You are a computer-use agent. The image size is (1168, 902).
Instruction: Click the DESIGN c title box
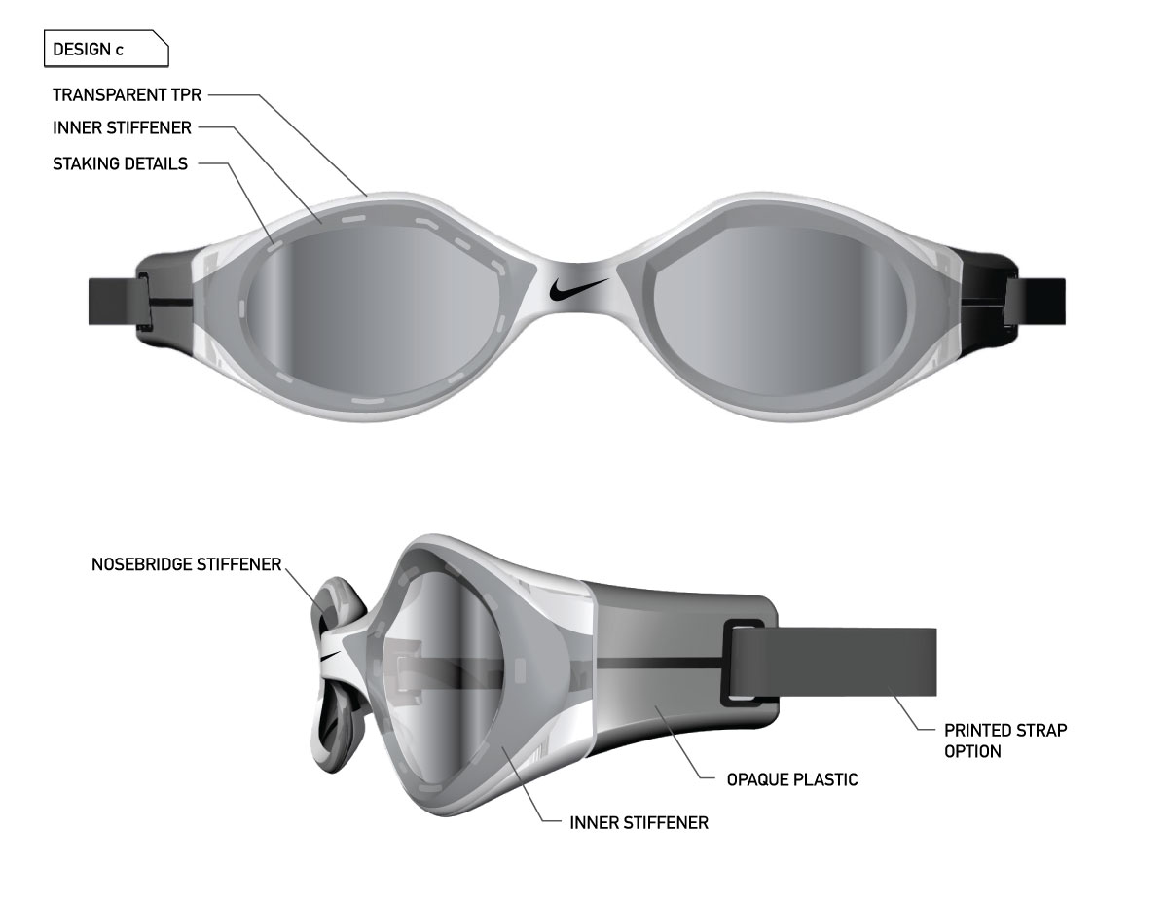click(x=106, y=49)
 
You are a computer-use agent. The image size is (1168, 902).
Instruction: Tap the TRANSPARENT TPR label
click(x=127, y=95)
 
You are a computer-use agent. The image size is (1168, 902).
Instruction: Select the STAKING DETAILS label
click(x=121, y=163)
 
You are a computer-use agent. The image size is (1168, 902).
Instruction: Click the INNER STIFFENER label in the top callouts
click(x=122, y=127)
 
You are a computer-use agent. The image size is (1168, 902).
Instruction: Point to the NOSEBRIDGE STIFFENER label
click(x=187, y=564)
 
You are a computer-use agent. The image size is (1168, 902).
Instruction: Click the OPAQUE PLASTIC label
click(x=792, y=779)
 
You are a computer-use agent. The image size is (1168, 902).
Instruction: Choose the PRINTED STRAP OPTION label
click(x=1005, y=740)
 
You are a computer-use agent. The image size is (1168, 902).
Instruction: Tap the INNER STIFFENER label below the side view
click(x=639, y=822)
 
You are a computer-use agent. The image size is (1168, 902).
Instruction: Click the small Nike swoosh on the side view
click(x=330, y=656)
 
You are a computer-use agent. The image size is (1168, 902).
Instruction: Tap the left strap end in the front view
click(x=117, y=301)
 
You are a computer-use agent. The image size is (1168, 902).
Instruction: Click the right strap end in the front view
click(x=1041, y=301)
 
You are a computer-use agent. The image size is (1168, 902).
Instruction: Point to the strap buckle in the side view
click(x=743, y=663)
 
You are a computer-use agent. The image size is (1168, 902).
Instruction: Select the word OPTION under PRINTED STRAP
click(x=972, y=751)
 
